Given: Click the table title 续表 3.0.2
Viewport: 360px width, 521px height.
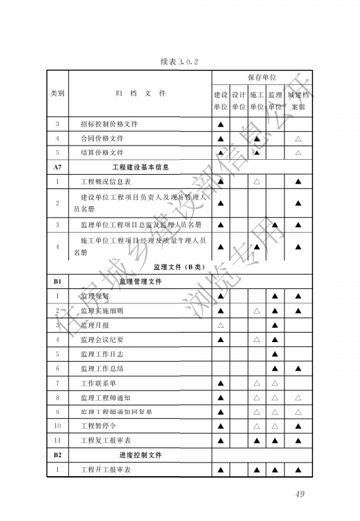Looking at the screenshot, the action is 179,62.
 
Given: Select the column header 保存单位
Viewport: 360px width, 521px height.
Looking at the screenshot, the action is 261,78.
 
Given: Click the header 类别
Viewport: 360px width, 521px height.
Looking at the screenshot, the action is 58,93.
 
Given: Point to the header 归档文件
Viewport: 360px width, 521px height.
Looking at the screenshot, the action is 140,93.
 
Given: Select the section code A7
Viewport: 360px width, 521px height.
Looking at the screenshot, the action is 58,167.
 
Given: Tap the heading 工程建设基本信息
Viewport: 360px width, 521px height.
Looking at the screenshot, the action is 140,167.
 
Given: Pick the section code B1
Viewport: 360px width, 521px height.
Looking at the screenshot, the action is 58,281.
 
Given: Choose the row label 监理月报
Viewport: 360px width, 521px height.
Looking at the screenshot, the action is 95,325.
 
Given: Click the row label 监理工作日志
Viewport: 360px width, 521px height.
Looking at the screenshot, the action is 101,354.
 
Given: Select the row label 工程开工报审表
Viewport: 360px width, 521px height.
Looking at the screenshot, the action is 105,469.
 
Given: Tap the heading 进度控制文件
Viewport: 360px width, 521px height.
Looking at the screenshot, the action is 140,455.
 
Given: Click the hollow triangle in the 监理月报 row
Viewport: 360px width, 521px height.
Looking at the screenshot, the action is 220,325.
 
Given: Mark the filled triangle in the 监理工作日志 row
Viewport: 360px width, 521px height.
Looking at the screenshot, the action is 275,354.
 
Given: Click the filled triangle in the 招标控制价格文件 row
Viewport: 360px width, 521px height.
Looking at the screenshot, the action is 220,124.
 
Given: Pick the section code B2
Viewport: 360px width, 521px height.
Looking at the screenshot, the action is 58,455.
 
